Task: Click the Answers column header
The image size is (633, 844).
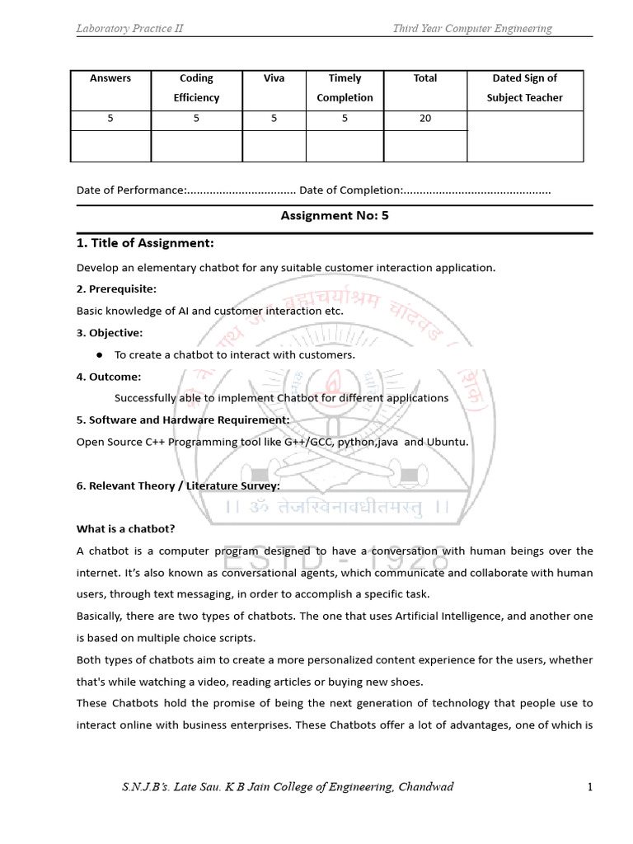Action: coord(110,78)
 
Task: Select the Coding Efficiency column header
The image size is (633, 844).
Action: coord(196,88)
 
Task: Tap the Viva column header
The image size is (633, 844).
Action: coord(274,78)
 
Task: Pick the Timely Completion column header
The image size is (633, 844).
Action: coord(345,88)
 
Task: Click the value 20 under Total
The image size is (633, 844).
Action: coord(425,119)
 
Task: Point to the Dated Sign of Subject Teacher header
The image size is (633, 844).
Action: coord(524,88)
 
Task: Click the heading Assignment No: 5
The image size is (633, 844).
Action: coord(334,216)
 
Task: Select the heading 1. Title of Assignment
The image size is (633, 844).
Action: coord(145,243)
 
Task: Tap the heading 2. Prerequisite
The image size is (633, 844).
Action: coord(116,289)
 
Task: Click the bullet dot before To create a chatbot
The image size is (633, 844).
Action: coord(98,354)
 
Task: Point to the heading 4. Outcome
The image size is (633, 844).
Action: coord(109,377)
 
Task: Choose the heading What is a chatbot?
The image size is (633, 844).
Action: coord(126,528)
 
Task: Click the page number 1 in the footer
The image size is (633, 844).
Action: coord(590,787)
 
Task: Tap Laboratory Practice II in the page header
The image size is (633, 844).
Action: coord(129,29)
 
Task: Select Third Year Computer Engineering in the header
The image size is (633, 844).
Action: coord(472,29)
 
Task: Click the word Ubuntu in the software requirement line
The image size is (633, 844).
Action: coord(447,442)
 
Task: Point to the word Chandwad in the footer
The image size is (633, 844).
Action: coord(425,787)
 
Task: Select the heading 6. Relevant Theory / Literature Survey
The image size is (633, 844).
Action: coord(178,485)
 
